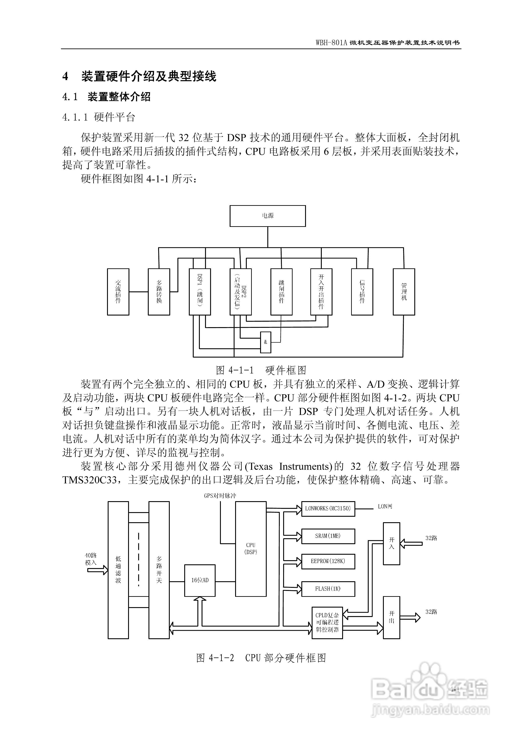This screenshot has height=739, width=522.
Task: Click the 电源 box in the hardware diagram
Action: (x=267, y=216)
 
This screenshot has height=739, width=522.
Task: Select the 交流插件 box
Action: (x=118, y=292)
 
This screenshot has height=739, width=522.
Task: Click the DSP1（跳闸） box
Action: (x=200, y=292)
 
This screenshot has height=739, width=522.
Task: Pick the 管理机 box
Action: (x=404, y=292)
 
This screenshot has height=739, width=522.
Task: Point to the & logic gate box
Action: (x=266, y=342)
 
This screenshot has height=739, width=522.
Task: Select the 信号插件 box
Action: (x=362, y=292)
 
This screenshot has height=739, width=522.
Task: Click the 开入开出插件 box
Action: (x=321, y=292)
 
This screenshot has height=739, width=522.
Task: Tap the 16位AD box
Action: (x=200, y=580)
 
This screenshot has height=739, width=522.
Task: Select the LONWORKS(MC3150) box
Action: (x=328, y=509)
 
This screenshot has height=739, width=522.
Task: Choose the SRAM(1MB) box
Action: (x=328, y=536)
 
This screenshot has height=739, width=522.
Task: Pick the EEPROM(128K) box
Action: (x=328, y=561)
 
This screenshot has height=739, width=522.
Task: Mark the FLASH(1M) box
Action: (x=328, y=589)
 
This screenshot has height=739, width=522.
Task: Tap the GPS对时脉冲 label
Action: (x=220, y=496)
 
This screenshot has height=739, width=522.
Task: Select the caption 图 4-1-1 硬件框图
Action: (x=261, y=370)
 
